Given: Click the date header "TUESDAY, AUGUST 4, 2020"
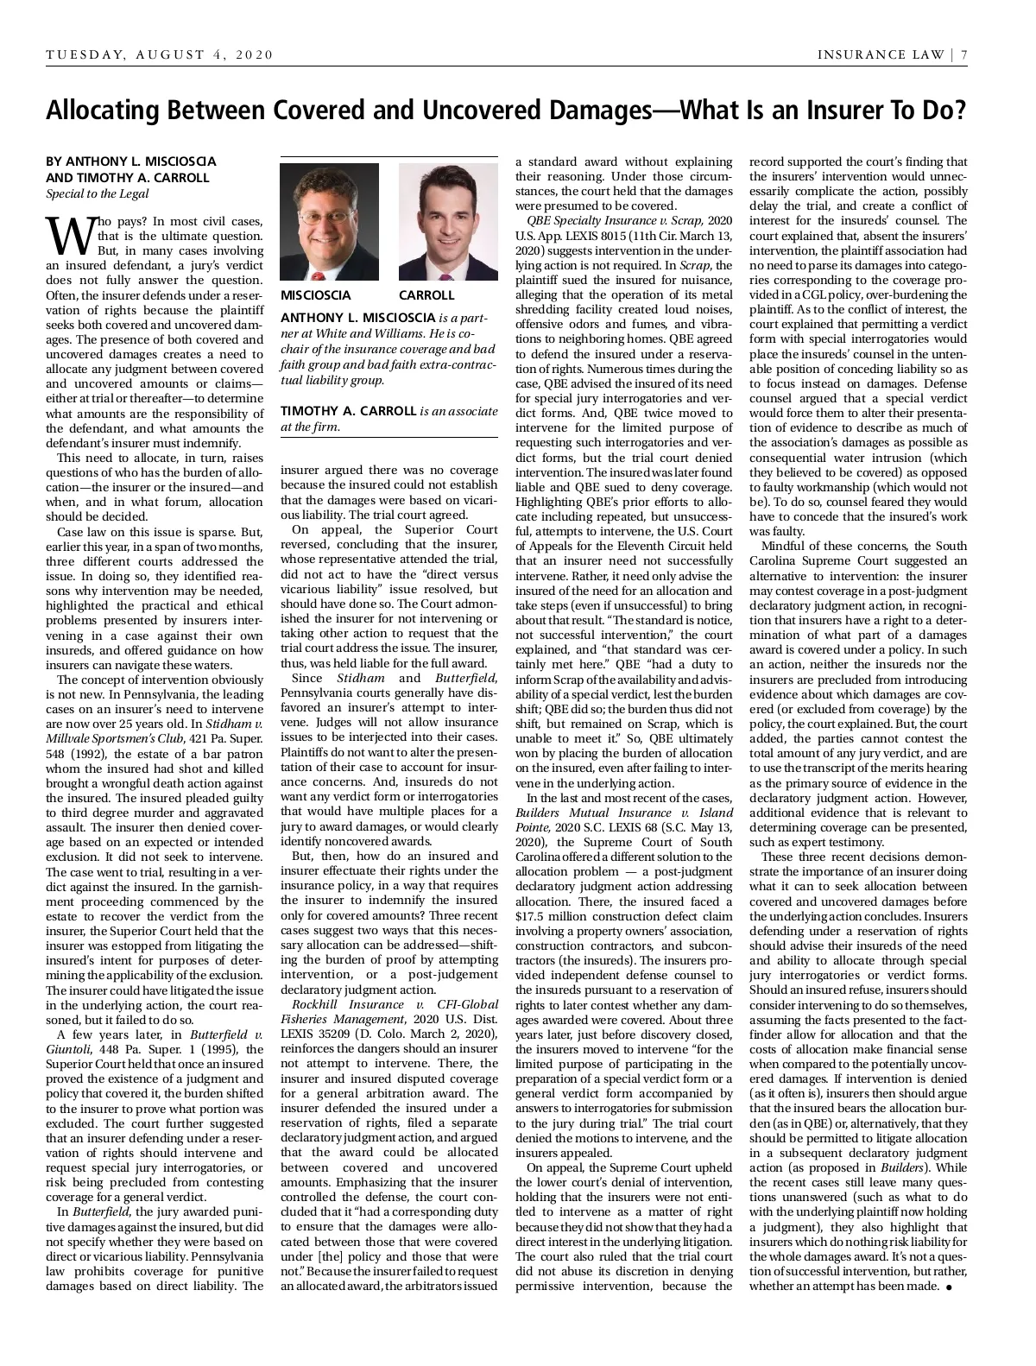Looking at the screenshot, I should click(160, 55).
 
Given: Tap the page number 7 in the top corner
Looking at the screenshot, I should click(963, 55).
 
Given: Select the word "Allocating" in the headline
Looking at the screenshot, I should click(103, 111).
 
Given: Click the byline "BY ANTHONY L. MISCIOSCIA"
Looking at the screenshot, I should click(130, 161).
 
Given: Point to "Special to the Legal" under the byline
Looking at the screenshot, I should click(97, 193).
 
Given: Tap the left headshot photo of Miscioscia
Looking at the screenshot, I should click(329, 221).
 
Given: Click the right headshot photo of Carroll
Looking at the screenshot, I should click(448, 221).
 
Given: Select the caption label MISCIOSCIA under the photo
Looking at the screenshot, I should click(316, 295).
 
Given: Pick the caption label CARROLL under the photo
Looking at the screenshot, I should click(426, 295).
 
